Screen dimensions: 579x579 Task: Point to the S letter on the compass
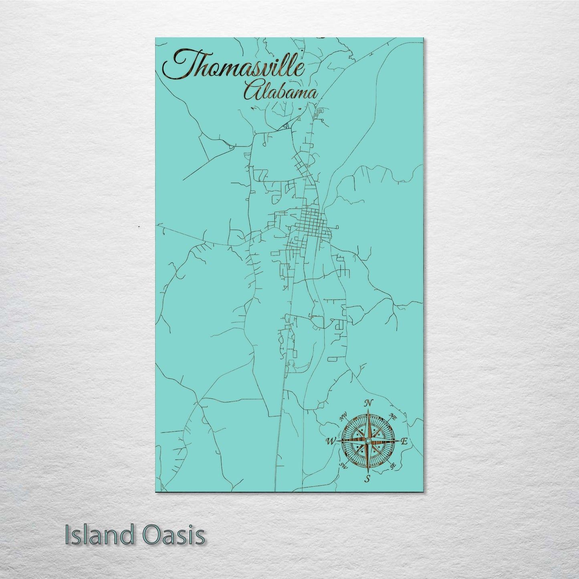pos(367,478)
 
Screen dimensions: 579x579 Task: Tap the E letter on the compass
pos(404,442)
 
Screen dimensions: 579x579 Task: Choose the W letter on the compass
pos(331,442)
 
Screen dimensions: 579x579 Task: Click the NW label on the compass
pos(343,418)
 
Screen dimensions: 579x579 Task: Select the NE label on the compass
pos(393,417)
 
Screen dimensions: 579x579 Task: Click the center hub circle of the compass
pos(367,441)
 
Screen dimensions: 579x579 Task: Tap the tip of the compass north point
pos(367,410)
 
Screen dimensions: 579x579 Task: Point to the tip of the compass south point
pos(367,473)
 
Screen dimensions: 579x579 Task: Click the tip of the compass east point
pos(398,441)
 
